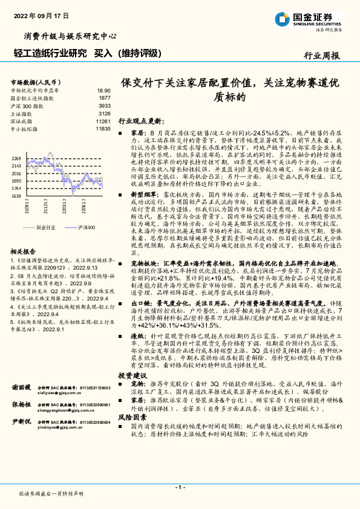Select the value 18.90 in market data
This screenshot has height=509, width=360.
[x=104, y=89]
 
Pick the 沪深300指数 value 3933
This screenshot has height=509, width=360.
[x=104, y=105]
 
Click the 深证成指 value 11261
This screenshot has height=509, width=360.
[x=103, y=121]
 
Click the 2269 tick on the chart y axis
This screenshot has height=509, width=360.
[x=16, y=158]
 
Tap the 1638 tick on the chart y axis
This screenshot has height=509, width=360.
[x=16, y=196]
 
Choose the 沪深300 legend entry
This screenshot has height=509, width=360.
[x=86, y=227]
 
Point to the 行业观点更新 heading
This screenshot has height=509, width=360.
[x=140, y=120]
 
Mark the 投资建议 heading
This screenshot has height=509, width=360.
[x=131, y=375]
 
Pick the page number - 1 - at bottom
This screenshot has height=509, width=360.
[x=180, y=487]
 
